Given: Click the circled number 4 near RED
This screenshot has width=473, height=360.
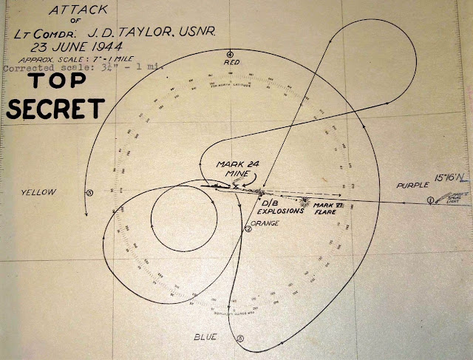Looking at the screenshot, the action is tap(231, 55).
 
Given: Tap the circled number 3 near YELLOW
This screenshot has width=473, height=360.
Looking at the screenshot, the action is tap(89, 194).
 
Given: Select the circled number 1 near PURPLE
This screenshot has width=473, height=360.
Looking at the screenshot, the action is tap(432, 200).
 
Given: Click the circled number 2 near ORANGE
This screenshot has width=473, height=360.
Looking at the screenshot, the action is tap(248, 229).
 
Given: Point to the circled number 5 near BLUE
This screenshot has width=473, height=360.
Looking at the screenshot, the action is tap(239, 338).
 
